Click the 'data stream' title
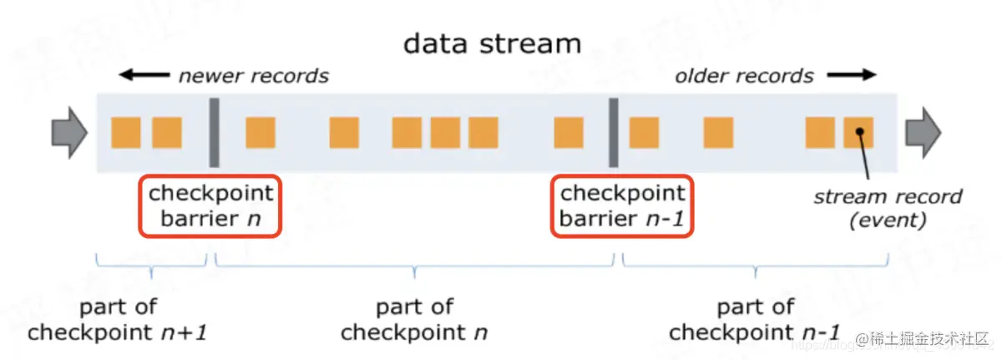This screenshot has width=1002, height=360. [491, 43]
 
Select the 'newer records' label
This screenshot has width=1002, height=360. [253, 76]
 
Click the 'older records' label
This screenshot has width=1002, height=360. [744, 76]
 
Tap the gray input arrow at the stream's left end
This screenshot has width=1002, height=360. [69, 132]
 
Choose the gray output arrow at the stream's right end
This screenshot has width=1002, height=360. [924, 132]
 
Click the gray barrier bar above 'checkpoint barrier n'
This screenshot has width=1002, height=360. [213, 132]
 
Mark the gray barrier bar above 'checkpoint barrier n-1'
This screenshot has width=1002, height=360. [614, 132]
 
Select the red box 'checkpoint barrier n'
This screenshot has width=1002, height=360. [210, 205]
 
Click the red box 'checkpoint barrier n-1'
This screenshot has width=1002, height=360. [622, 205]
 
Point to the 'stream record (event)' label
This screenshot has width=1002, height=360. [888, 209]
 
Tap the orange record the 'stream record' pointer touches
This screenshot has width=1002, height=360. [858, 132]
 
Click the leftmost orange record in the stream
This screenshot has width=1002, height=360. [126, 132]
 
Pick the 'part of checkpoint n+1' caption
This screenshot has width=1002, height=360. [117, 319]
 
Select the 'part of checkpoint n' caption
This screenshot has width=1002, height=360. [414, 319]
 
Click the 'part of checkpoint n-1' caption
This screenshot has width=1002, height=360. [754, 319]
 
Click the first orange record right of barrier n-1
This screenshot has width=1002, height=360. [644, 132]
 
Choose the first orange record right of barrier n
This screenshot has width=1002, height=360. [260, 132]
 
